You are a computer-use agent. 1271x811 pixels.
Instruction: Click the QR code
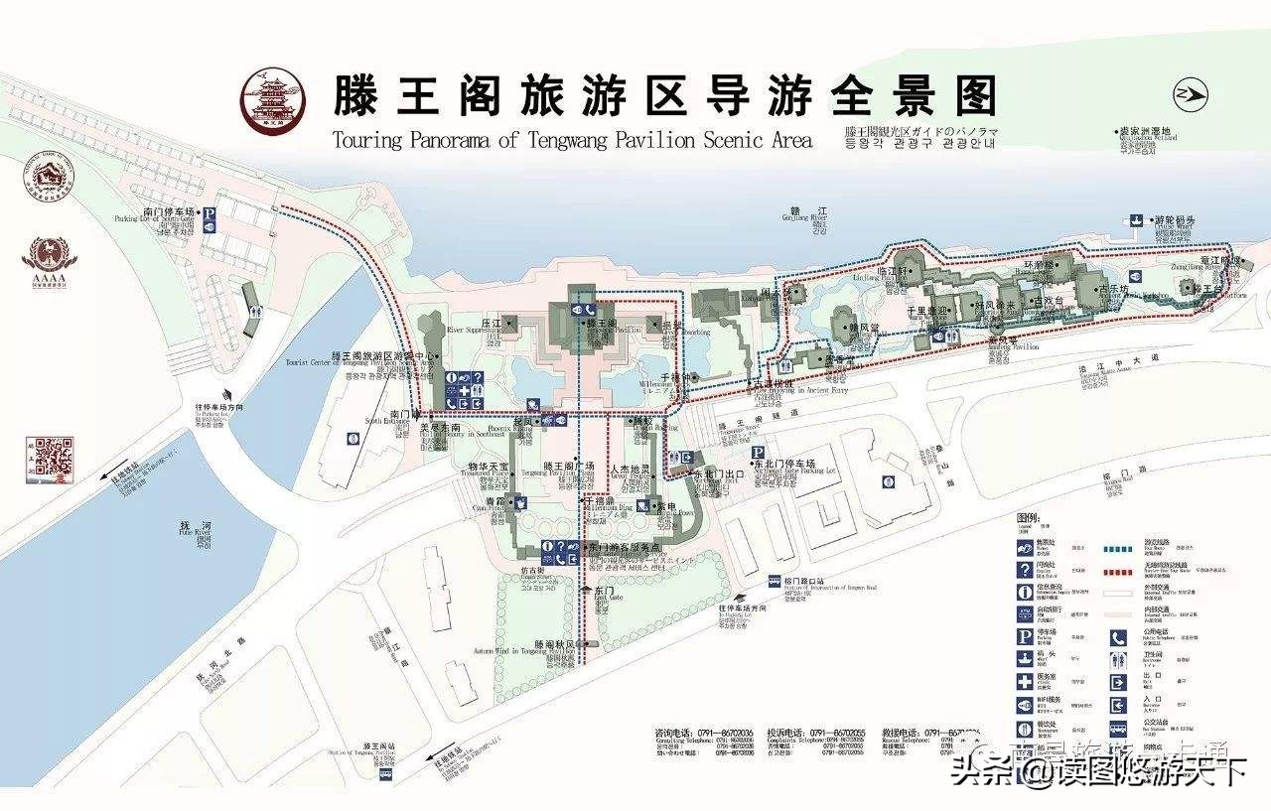[x=55, y=459]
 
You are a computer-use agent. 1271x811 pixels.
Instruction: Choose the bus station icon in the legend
[x=1118, y=729]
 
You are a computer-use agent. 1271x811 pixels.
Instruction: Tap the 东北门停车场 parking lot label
[x=783, y=465]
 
